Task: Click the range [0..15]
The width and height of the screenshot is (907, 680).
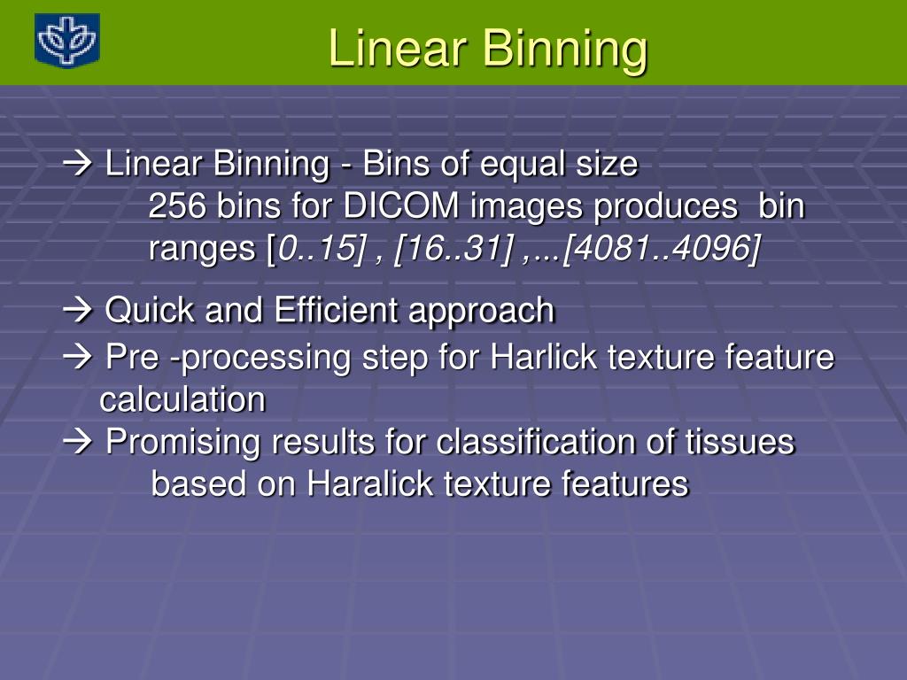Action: pos(317,250)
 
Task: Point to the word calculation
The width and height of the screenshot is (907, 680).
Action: pos(182,400)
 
